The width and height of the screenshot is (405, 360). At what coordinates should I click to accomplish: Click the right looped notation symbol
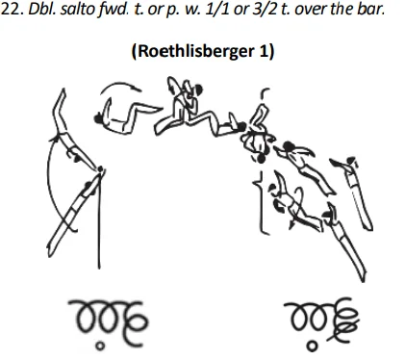point(319,315)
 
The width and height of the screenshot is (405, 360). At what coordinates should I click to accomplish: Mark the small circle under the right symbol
point(311,342)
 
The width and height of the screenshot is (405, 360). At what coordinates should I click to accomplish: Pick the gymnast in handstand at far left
point(62,130)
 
